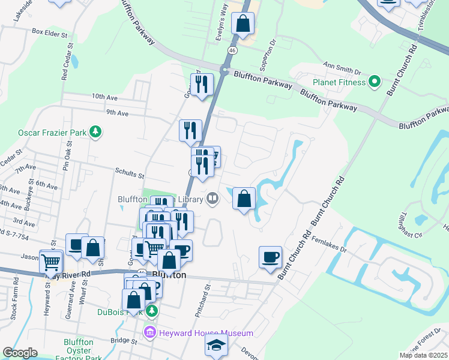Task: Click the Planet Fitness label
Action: [339, 82]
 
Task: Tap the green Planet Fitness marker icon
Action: [375, 81]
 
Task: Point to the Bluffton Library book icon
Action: [212, 198]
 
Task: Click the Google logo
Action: [20, 353]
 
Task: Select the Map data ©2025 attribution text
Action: [423, 355]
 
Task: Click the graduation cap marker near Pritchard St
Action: [216, 346]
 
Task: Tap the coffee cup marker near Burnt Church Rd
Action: [270, 256]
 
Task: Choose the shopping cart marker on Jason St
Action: [51, 261]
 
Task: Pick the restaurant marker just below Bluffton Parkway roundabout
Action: [202, 85]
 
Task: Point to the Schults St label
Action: [129, 176]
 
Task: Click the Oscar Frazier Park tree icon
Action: [95, 131]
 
